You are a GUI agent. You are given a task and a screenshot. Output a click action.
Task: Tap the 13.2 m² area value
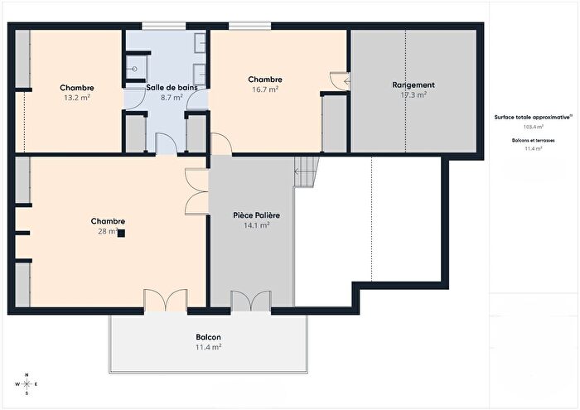point(76,97)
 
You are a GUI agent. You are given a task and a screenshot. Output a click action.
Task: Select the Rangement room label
point(413,85)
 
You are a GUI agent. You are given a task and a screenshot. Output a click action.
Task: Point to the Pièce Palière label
point(256,215)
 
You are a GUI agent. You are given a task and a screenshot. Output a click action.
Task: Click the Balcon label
point(208,338)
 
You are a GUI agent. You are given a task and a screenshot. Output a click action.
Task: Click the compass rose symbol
point(27,385)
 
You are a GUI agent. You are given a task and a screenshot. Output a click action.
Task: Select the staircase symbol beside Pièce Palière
point(306,172)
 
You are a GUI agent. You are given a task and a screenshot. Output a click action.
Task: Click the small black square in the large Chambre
point(121,234)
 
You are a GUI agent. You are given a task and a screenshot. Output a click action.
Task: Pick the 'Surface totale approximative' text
point(530,118)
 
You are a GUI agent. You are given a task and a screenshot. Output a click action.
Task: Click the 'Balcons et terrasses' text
point(531,141)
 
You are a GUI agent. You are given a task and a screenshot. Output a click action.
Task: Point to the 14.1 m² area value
point(256,225)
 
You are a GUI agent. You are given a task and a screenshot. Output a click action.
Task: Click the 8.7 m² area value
point(172,97)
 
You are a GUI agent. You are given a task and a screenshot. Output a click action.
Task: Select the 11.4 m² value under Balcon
point(208,348)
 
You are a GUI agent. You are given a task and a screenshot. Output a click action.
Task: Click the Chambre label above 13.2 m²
point(76,88)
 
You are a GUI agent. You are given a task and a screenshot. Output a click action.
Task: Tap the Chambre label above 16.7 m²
point(265,80)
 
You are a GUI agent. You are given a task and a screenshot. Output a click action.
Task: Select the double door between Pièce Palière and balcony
point(250,301)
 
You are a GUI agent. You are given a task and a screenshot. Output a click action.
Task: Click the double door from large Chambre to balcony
point(165,301)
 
